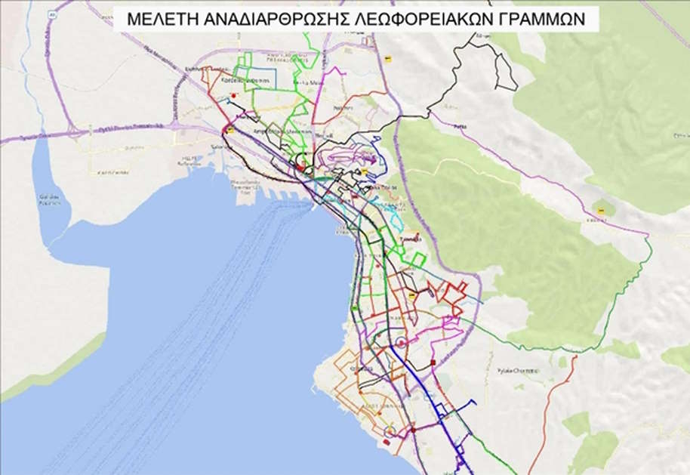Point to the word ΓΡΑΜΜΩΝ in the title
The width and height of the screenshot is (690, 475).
[542, 20]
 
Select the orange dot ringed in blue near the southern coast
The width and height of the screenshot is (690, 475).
[390, 430]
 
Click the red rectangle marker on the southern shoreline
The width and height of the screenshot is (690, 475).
[387, 443]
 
